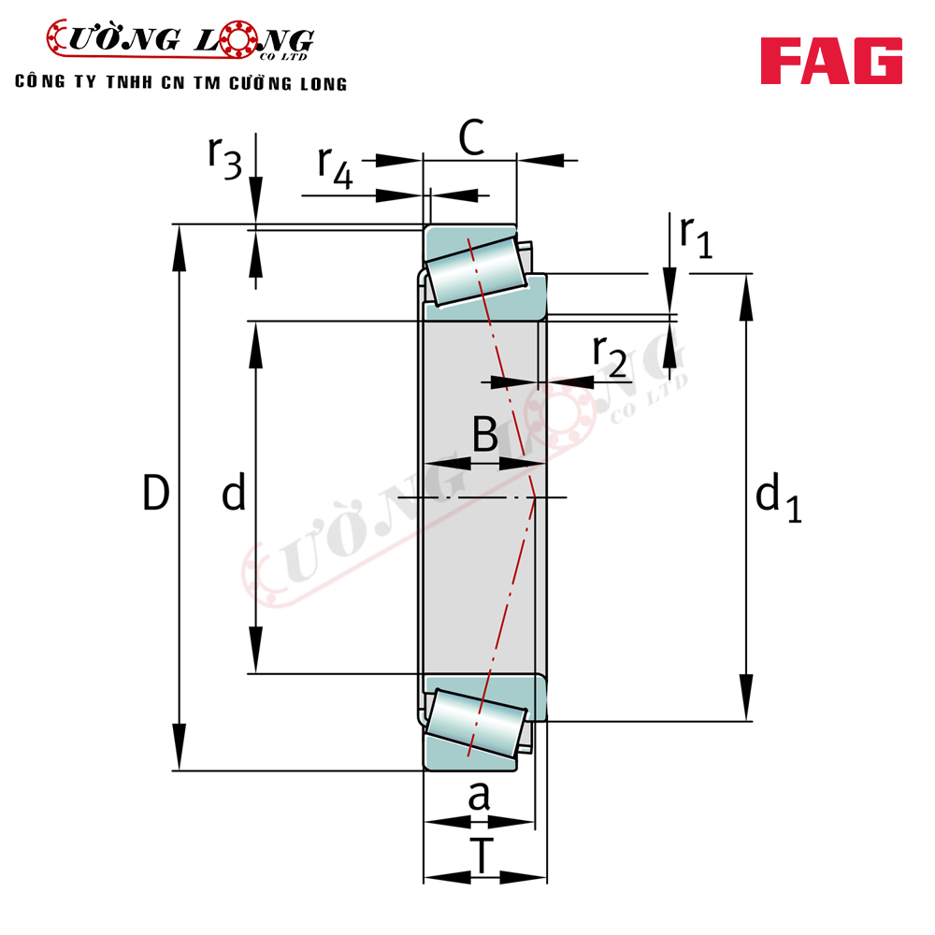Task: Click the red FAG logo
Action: click(x=831, y=61)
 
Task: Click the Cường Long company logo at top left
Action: click(x=180, y=40)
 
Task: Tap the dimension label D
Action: click(x=156, y=493)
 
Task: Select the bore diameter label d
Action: click(x=234, y=492)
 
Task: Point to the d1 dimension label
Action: click(x=778, y=496)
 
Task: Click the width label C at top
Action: click(x=471, y=137)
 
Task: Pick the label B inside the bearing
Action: click(x=484, y=434)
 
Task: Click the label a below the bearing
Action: click(x=479, y=796)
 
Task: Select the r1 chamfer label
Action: click(x=697, y=237)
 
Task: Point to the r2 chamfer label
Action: click(x=610, y=356)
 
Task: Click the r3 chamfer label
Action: click(x=224, y=157)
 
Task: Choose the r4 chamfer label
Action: click(x=335, y=167)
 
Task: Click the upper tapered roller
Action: click(x=477, y=271)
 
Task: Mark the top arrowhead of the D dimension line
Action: click(x=179, y=248)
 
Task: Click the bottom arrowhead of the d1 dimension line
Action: click(x=746, y=698)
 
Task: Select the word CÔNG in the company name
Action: click(x=39, y=81)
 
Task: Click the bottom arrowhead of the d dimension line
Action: click(x=256, y=650)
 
